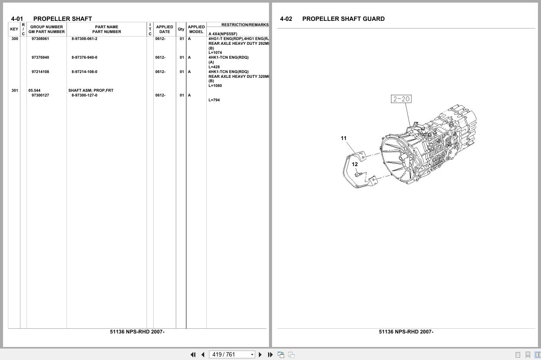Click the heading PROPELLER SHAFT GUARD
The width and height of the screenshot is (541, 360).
[x=343, y=19]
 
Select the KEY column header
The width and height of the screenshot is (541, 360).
[x=14, y=29]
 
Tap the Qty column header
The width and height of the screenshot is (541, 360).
[x=181, y=29]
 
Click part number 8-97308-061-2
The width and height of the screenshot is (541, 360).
[x=84, y=39]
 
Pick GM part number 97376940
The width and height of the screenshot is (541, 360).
[x=40, y=57]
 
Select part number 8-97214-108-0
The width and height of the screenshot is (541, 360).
[x=84, y=72]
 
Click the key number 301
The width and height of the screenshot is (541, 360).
[x=15, y=90]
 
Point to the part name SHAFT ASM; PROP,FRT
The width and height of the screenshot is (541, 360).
[x=90, y=90]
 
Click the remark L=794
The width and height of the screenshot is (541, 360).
[x=214, y=100]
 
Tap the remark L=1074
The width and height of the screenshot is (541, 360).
[x=215, y=53]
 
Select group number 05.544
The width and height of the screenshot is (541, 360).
[x=34, y=90]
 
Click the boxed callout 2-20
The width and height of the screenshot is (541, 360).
[x=401, y=99]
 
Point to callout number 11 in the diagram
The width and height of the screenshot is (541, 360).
[x=344, y=138]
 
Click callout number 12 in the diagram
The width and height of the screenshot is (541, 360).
[x=355, y=164]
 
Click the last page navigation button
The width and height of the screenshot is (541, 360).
[x=270, y=354]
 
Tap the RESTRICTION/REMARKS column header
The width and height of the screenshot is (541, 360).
[x=245, y=25]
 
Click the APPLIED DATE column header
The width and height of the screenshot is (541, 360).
[x=164, y=29]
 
